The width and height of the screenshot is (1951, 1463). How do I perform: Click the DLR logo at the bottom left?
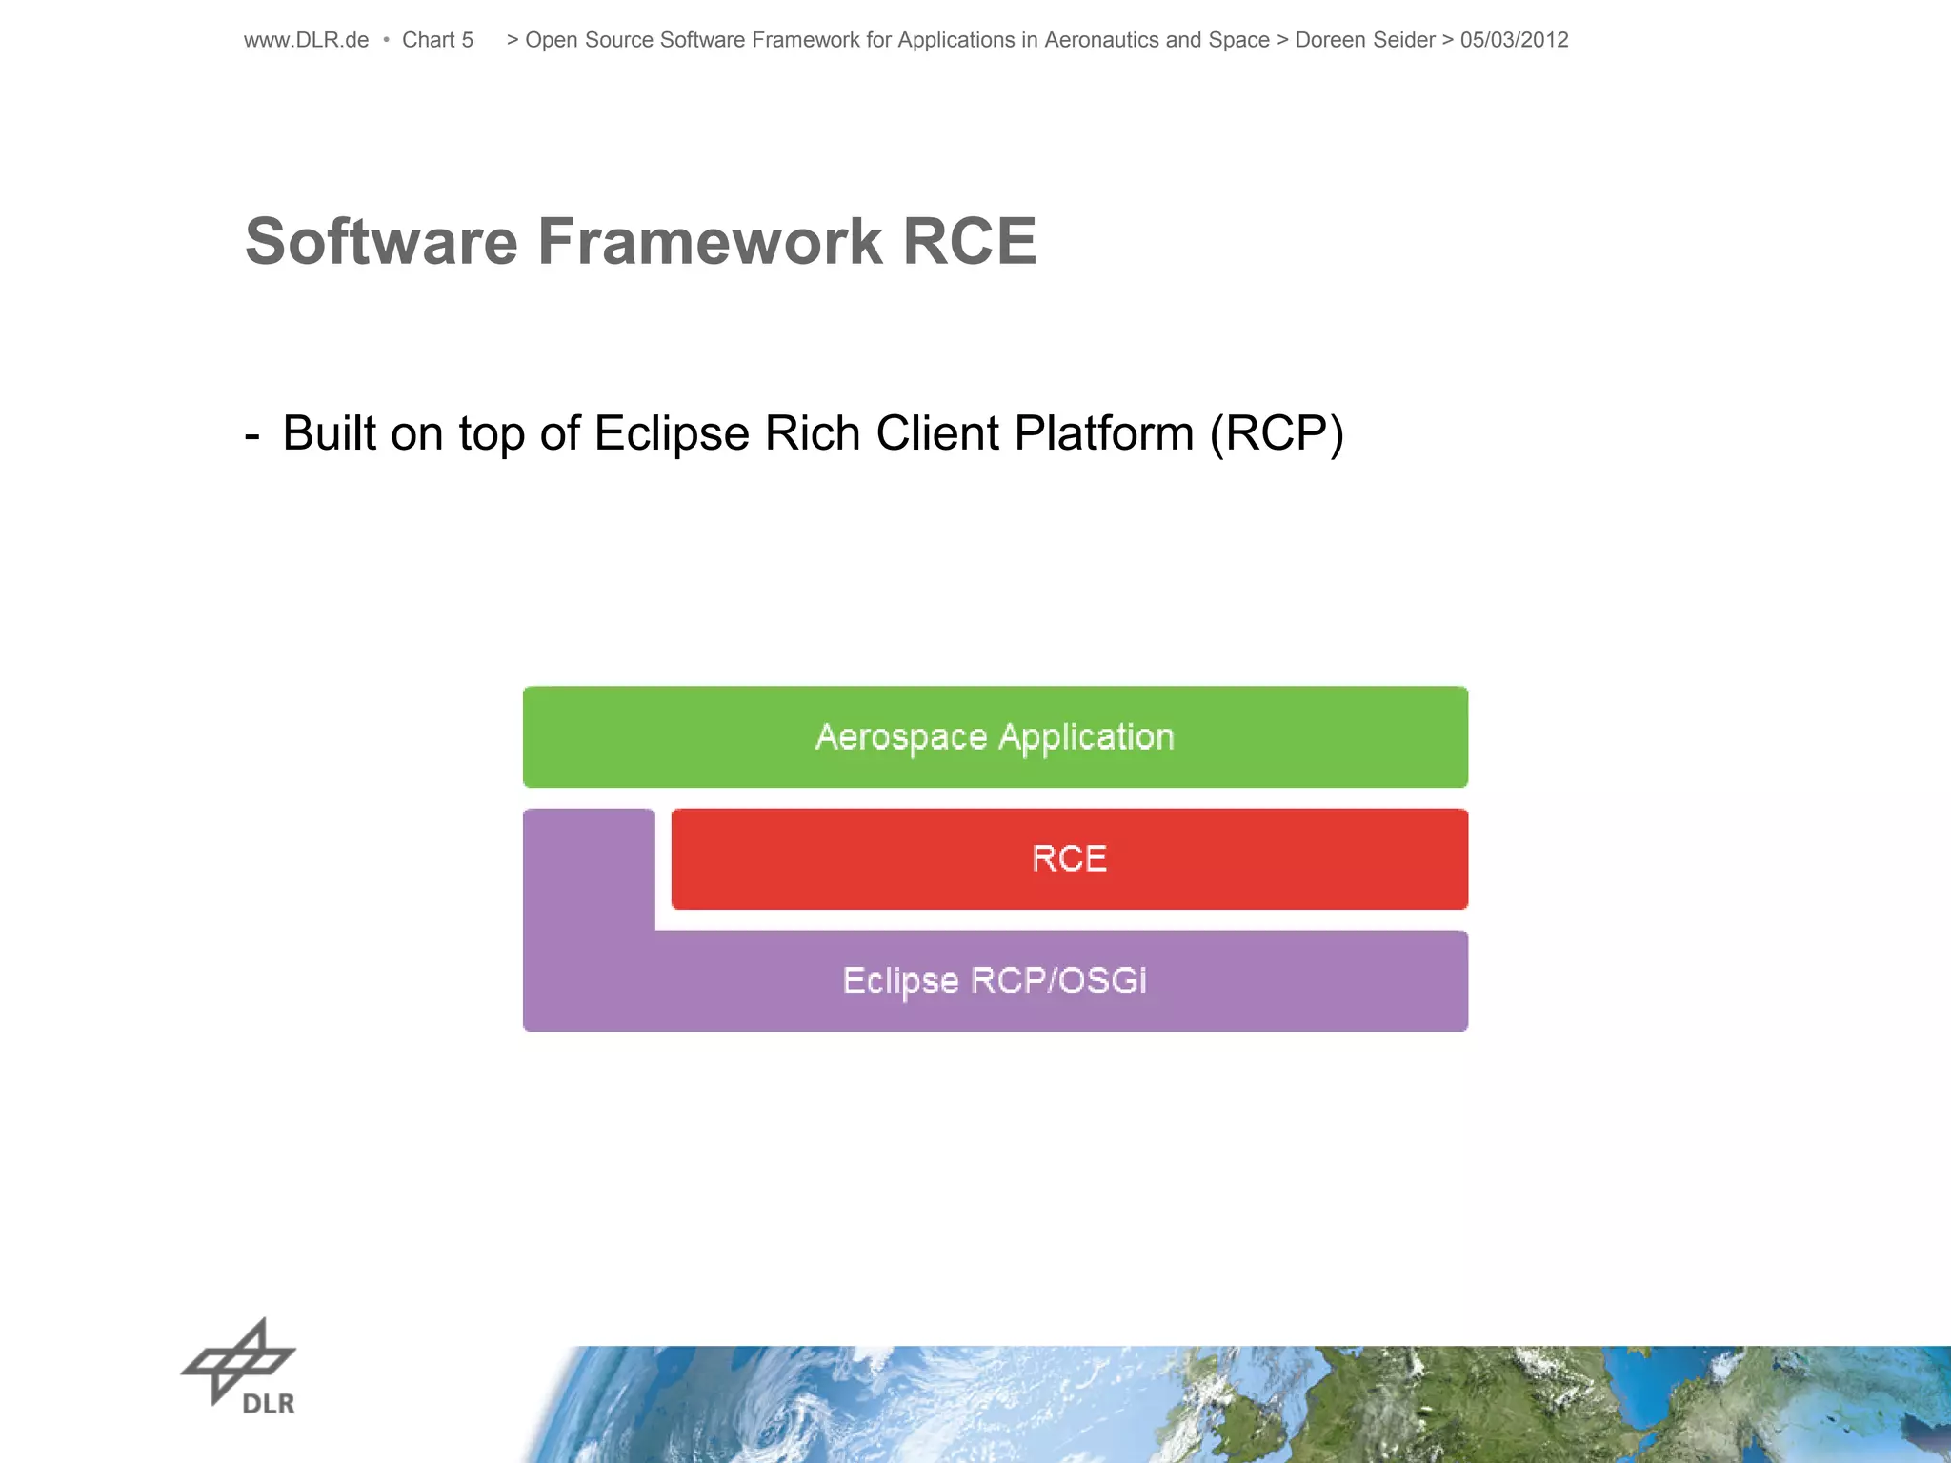pyautogui.click(x=239, y=1367)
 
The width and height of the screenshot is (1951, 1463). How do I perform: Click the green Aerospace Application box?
pyautogui.click(x=995, y=736)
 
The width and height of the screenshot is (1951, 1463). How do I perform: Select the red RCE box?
pyautogui.click(x=1069, y=858)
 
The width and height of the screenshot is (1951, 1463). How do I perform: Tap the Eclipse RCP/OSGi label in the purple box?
pyautogui.click(x=995, y=980)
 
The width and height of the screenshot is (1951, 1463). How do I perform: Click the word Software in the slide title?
pyautogui.click(x=381, y=241)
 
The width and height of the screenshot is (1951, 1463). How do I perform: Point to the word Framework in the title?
pyautogui.click(x=710, y=241)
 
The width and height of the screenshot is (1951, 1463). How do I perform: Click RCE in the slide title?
pyautogui.click(x=969, y=241)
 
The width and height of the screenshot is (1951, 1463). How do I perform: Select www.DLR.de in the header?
pyautogui.click(x=306, y=40)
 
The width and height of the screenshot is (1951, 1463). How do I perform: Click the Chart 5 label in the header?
pyautogui.click(x=437, y=40)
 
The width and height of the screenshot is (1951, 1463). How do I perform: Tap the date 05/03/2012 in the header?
pyautogui.click(x=1514, y=40)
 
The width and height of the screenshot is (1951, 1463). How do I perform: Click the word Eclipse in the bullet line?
pyautogui.click(x=672, y=433)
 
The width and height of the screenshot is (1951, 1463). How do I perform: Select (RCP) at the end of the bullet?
pyautogui.click(x=1277, y=433)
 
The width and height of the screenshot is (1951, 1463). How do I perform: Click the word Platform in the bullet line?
pyautogui.click(x=1104, y=433)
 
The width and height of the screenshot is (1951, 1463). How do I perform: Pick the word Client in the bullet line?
pyautogui.click(x=937, y=433)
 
